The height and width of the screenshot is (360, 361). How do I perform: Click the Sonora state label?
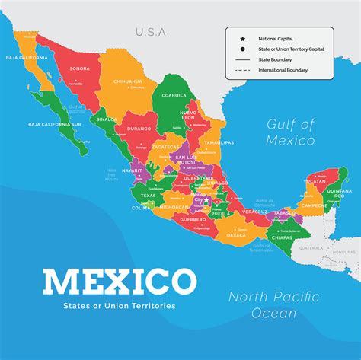click(x=79, y=68)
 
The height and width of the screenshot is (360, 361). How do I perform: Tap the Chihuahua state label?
click(x=128, y=81)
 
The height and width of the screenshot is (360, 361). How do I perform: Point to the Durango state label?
click(x=139, y=129)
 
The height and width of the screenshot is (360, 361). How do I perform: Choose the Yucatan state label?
click(x=315, y=181)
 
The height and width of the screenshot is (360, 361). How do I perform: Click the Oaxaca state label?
click(x=236, y=235)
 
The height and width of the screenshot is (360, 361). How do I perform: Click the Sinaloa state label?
click(x=107, y=119)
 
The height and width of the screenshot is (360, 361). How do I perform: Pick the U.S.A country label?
click(x=151, y=31)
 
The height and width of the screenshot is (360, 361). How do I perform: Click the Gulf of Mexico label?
click(x=290, y=132)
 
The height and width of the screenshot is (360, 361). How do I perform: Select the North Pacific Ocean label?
click(x=275, y=304)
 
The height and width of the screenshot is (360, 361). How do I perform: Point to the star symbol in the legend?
click(x=242, y=38)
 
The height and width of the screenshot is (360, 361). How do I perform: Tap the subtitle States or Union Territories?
click(x=120, y=305)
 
